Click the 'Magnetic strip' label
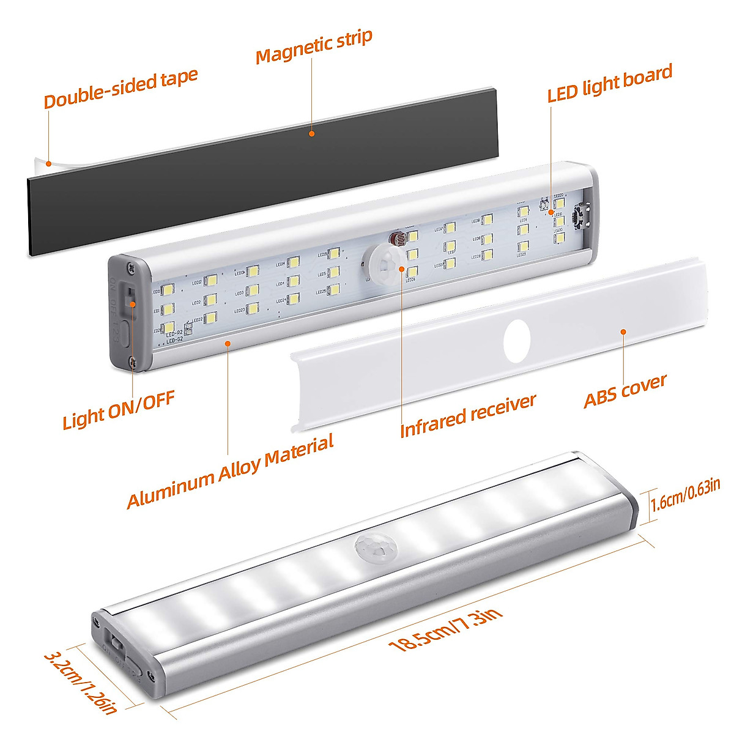point(314,46)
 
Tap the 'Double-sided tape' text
point(121,89)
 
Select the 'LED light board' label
point(609,83)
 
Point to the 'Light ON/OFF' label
point(119,410)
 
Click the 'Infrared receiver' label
point(468,416)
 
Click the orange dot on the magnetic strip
point(311,133)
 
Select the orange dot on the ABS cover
point(623,332)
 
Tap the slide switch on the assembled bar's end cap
point(117,644)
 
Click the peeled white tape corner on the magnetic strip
point(42,161)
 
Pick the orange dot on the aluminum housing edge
point(228,343)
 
